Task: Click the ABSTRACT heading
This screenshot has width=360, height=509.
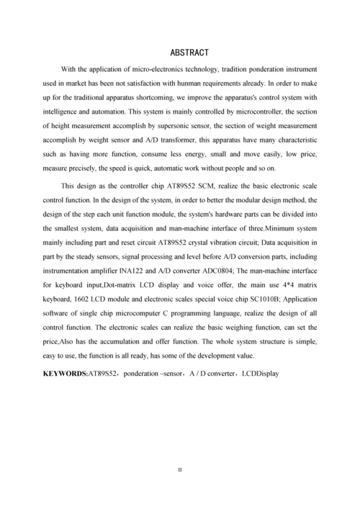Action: point(189,53)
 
